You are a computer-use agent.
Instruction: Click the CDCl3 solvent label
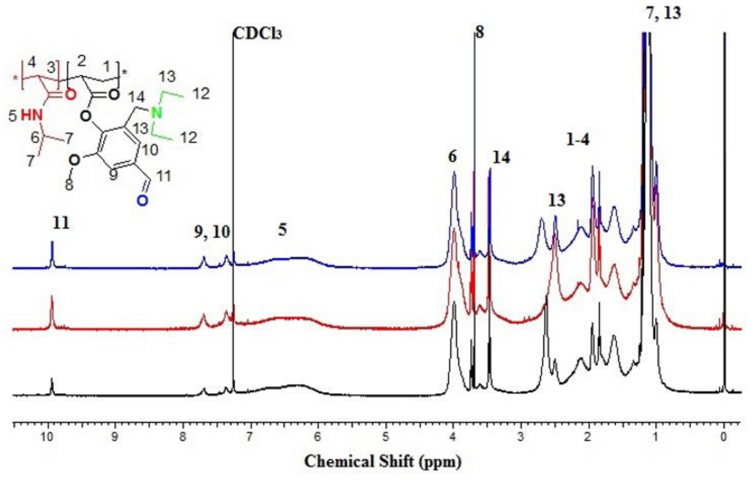click(257, 34)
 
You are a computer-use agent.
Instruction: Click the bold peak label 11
click(61, 223)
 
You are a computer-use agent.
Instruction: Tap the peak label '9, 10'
click(212, 232)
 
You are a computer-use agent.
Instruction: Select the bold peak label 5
click(282, 230)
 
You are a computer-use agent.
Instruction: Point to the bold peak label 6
click(452, 157)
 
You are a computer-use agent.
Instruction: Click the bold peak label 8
click(479, 33)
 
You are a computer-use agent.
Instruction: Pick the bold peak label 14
click(501, 158)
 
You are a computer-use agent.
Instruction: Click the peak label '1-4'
click(578, 140)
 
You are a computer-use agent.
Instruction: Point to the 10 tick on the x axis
click(47, 437)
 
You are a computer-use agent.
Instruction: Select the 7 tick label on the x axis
click(249, 437)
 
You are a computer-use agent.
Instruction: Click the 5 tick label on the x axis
click(385, 437)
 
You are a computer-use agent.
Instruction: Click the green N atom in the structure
click(157, 112)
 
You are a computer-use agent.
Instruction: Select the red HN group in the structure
click(31, 116)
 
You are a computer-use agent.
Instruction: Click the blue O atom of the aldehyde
click(142, 201)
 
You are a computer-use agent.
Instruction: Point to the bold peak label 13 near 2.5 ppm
click(556, 200)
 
